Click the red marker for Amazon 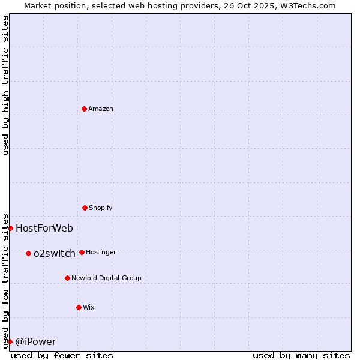pos(84,109)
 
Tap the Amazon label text pos(100,109)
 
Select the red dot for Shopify pos(85,208)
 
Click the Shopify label pos(100,208)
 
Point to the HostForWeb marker pos(10,228)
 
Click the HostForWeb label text pos(44,228)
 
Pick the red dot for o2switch pos(28,253)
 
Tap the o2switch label pos(54,253)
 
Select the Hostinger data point pos(82,252)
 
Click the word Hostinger pos(101,252)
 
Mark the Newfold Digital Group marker pos(67,278)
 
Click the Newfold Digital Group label pos(106,278)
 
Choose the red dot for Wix pos(79,307)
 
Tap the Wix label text pos(88,307)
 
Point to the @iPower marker pos(10,341)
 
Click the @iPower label pos(35,341)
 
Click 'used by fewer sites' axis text pos(62,355)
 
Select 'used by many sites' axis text pos(301,355)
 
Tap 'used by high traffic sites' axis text pos(5,85)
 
